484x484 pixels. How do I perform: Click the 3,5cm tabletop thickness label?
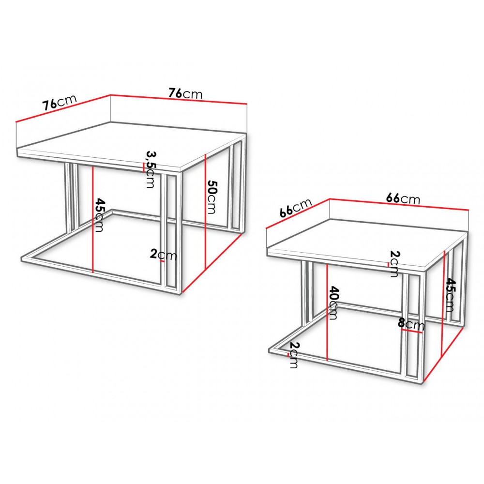coord(151,169)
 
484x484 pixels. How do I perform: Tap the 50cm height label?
coord(212,197)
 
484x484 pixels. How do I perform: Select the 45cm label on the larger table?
coord(99,215)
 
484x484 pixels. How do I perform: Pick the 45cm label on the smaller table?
coord(450,295)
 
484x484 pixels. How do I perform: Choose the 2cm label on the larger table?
coord(163,255)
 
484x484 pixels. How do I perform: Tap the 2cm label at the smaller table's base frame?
coord(294,355)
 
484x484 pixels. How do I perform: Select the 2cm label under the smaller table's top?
coord(394,264)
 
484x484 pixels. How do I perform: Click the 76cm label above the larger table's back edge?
coord(185,93)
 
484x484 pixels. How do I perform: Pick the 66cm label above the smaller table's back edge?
coord(403,198)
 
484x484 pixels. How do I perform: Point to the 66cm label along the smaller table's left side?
coord(296,208)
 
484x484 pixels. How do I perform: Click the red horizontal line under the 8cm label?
coord(411,331)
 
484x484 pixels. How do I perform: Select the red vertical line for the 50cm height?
coord(205,211)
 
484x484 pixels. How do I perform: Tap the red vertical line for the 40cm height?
coord(327,313)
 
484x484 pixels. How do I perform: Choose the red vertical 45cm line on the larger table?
coord(92,220)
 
